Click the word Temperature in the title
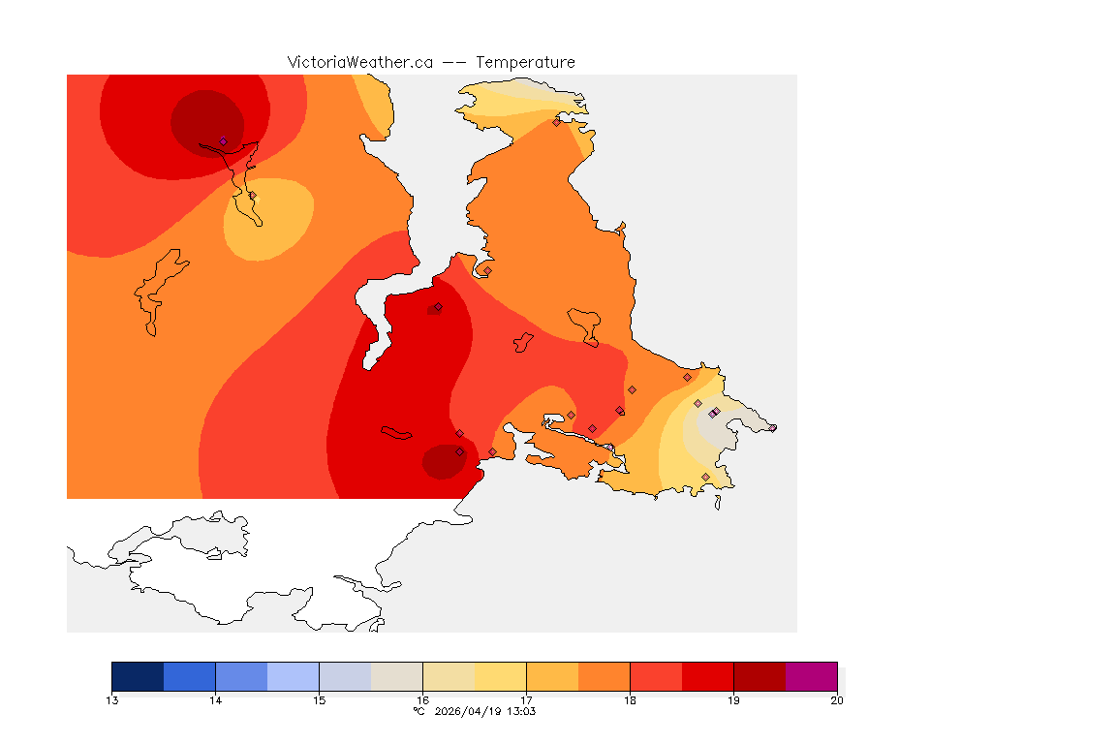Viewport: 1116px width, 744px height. [x=525, y=62]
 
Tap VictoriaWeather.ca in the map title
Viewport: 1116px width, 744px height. [x=359, y=62]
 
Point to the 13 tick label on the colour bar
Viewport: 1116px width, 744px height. [x=112, y=700]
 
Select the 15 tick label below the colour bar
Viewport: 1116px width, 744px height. [x=319, y=700]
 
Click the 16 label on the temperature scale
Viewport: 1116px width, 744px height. [x=422, y=700]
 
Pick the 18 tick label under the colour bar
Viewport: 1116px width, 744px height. [x=630, y=700]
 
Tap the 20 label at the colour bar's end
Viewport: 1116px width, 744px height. [x=837, y=700]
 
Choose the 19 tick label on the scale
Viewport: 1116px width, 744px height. [x=733, y=700]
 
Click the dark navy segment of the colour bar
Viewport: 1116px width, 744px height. [x=138, y=676]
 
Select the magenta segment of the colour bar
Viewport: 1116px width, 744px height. [x=811, y=676]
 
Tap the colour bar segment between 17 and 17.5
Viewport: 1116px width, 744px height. [x=552, y=676]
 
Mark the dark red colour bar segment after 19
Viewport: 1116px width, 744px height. [x=759, y=676]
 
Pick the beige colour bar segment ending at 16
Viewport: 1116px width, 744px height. [x=396, y=676]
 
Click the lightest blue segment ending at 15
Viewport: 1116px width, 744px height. [x=293, y=676]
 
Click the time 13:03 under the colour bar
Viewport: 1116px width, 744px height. [x=521, y=711]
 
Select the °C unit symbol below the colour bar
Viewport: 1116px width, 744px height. [x=419, y=711]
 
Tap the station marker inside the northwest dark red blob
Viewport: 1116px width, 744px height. [x=223, y=141]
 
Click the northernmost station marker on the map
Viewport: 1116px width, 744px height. [x=556, y=122]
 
